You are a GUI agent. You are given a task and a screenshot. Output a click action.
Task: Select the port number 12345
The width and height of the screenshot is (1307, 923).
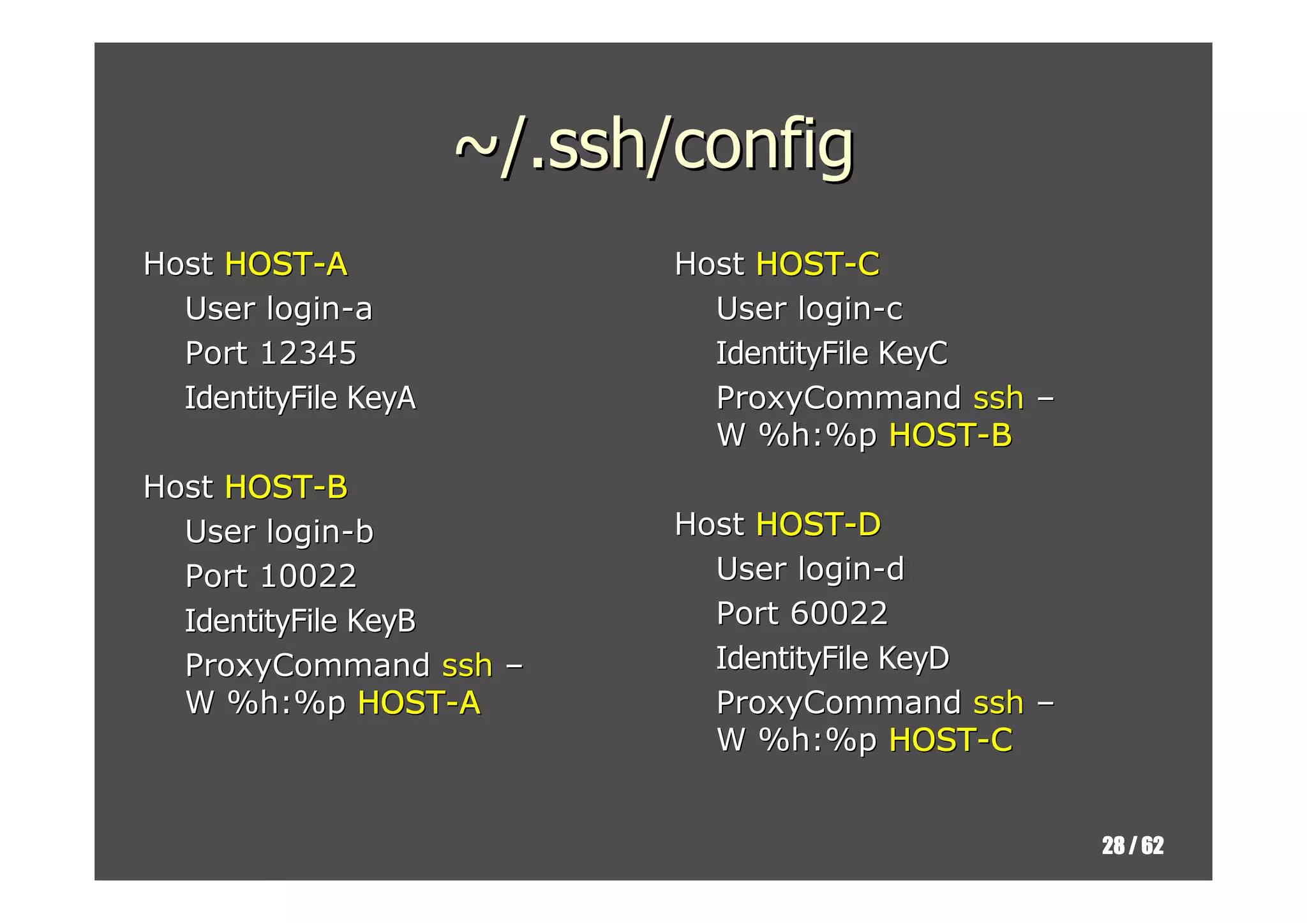pyautogui.click(x=308, y=353)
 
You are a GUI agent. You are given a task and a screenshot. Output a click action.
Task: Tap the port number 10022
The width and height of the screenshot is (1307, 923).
pyautogui.click(x=308, y=576)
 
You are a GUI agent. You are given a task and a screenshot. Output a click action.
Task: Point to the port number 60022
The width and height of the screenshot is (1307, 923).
pyautogui.click(x=839, y=614)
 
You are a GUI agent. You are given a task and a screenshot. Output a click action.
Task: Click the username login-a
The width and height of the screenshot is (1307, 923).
pyautogui.click(x=319, y=309)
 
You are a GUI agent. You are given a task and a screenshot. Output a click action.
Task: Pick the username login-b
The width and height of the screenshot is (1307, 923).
pyautogui.click(x=320, y=531)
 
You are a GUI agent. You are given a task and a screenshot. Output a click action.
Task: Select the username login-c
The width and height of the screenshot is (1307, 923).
pyautogui.click(x=850, y=309)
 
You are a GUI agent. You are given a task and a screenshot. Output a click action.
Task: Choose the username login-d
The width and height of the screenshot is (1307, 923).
pyautogui.click(x=851, y=569)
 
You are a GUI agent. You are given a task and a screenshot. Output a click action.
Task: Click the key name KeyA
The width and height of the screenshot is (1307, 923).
pyautogui.click(x=381, y=398)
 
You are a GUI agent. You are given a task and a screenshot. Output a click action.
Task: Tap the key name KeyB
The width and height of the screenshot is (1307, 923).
pyautogui.click(x=381, y=621)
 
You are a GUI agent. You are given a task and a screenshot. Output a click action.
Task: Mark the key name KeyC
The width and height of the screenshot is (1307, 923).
pyautogui.click(x=913, y=353)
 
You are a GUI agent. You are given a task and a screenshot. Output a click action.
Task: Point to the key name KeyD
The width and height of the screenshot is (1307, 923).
pyautogui.click(x=913, y=658)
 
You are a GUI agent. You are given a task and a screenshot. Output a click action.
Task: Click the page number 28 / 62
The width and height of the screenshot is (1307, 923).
pyautogui.click(x=1132, y=846)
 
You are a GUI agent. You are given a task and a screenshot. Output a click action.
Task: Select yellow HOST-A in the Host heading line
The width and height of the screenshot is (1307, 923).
pyautogui.click(x=286, y=264)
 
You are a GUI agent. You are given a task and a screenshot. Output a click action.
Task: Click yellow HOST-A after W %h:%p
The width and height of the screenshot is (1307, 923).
pyautogui.click(x=419, y=703)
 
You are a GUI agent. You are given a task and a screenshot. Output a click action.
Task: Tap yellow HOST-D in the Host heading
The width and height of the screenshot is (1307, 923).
pyautogui.click(x=818, y=524)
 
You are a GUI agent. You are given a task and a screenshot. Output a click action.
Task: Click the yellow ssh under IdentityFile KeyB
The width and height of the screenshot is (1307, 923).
pyautogui.click(x=467, y=665)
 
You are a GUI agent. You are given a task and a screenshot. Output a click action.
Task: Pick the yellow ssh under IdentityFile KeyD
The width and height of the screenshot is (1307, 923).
pyautogui.click(x=998, y=703)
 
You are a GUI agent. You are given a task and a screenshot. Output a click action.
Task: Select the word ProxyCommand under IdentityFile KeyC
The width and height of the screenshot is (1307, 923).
pyautogui.click(x=839, y=398)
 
